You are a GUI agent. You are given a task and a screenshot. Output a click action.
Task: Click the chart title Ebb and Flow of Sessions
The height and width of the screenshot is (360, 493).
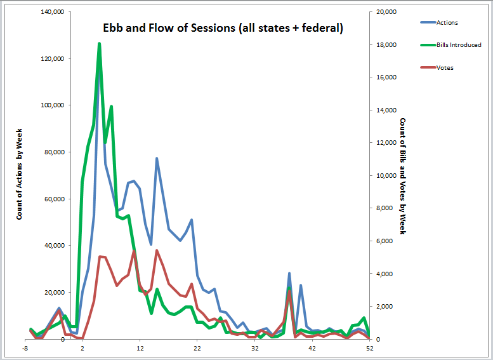[223, 29]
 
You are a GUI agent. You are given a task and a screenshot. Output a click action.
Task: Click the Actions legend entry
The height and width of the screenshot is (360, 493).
[448, 22]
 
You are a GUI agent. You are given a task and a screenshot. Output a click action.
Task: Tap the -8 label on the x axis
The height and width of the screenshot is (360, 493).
[25, 349]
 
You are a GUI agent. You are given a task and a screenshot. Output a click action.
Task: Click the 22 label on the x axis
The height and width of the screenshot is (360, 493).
[197, 349]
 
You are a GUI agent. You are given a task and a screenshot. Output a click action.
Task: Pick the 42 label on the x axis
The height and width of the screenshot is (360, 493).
[312, 349]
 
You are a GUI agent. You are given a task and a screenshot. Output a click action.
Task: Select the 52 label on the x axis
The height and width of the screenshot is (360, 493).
[370, 349]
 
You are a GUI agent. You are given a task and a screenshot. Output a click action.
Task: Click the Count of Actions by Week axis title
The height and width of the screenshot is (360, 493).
[20, 176]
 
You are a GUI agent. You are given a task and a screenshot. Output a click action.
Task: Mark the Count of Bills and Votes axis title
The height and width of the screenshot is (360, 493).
[402, 176]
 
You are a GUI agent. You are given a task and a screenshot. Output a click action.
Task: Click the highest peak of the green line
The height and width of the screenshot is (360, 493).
[100, 44]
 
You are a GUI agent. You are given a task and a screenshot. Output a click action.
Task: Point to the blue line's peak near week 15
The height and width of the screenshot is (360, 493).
[157, 158]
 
